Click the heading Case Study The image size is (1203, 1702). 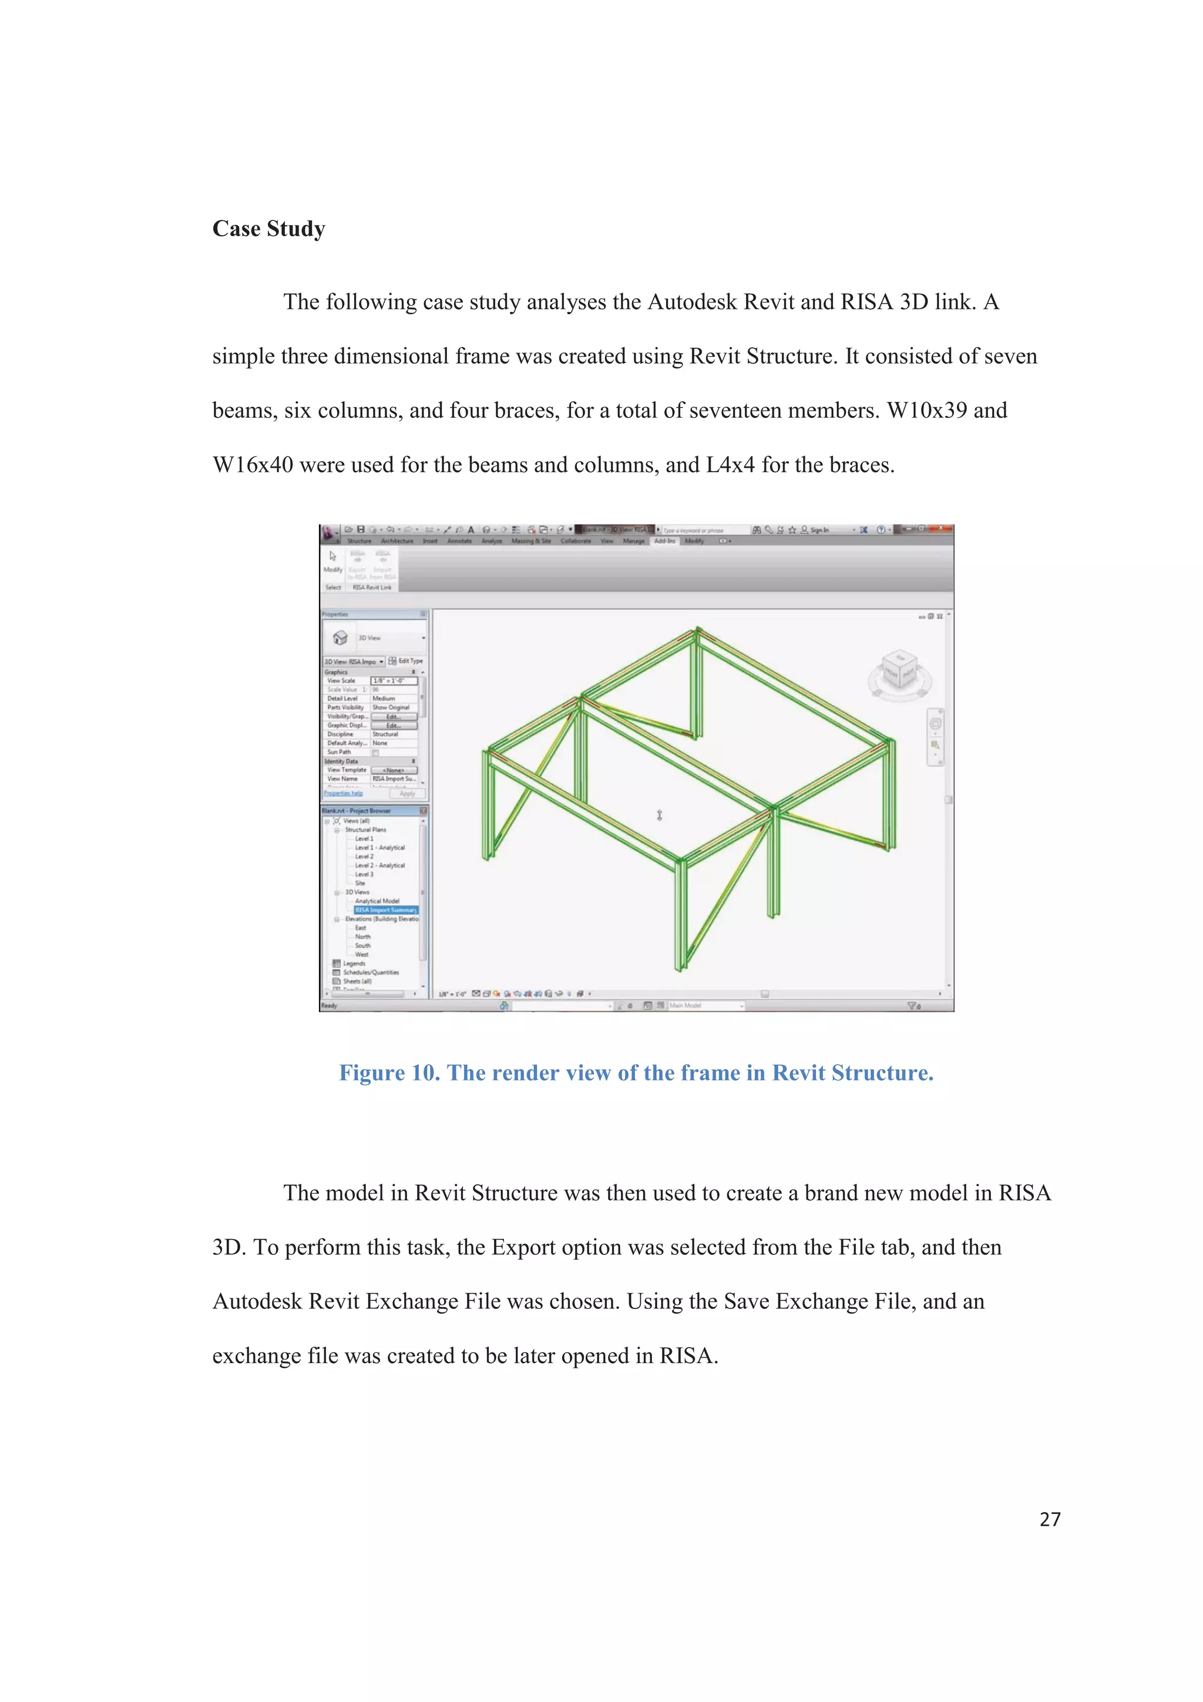(268, 229)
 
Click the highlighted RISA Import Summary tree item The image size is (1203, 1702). (385, 909)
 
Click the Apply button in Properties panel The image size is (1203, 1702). (407, 793)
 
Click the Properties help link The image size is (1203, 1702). (342, 793)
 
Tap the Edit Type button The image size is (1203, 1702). (406, 660)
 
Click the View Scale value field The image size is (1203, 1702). (394, 680)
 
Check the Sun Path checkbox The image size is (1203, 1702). (376, 753)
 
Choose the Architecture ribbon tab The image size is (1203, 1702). (396, 541)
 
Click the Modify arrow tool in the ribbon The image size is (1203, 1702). (333, 557)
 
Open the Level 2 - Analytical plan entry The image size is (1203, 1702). (379, 865)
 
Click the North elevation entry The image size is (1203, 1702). (362, 936)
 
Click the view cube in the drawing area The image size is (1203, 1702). (900, 671)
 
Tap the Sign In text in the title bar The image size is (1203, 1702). (819, 530)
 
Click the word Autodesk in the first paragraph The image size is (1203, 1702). (691, 303)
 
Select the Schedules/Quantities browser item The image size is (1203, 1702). (371, 972)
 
